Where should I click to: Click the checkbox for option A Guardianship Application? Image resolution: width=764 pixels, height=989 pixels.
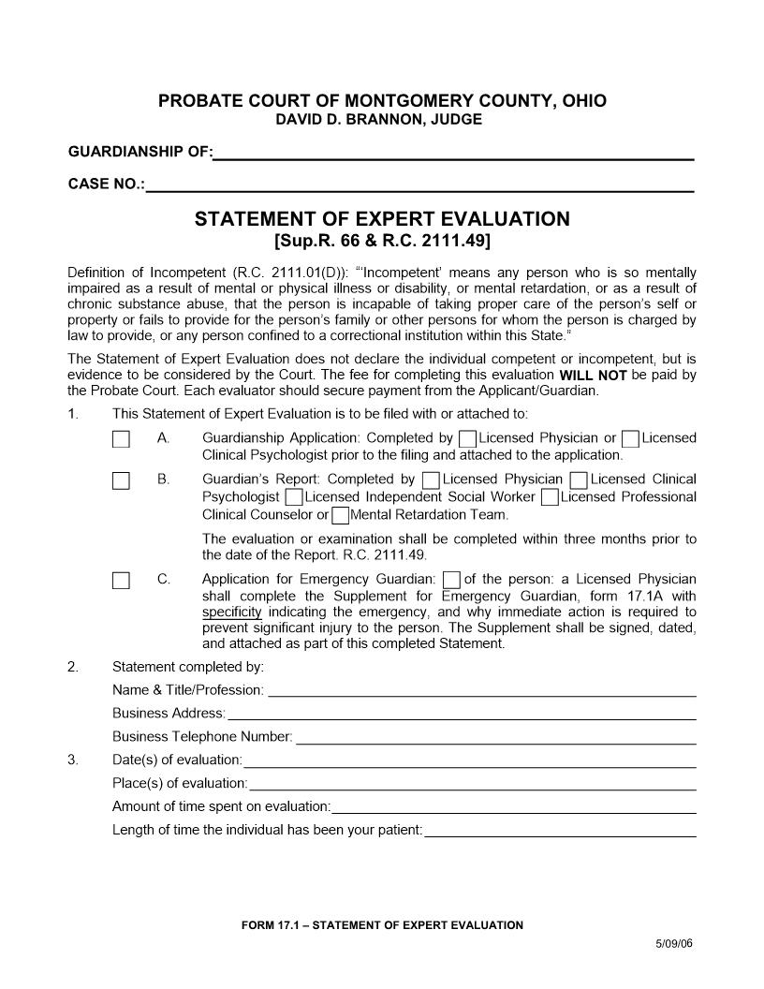tap(121, 439)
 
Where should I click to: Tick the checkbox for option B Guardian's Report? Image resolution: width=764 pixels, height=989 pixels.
tap(121, 480)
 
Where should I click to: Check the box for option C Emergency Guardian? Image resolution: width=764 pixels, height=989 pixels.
tap(121, 580)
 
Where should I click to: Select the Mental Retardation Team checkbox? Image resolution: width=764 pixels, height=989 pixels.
tap(341, 515)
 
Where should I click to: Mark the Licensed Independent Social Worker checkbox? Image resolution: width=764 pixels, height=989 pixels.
tap(294, 497)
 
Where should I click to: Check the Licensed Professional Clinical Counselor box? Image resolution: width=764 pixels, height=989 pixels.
tap(550, 497)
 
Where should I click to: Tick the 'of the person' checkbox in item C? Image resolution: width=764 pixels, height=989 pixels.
tap(452, 580)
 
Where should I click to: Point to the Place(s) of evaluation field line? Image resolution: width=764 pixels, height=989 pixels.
tap(473, 784)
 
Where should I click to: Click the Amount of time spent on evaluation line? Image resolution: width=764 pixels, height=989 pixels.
tap(514, 807)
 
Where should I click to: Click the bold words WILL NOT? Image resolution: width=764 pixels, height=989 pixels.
tap(593, 376)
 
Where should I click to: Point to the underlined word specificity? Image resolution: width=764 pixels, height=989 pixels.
tap(231, 613)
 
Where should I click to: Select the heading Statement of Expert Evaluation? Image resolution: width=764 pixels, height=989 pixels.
tap(382, 219)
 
